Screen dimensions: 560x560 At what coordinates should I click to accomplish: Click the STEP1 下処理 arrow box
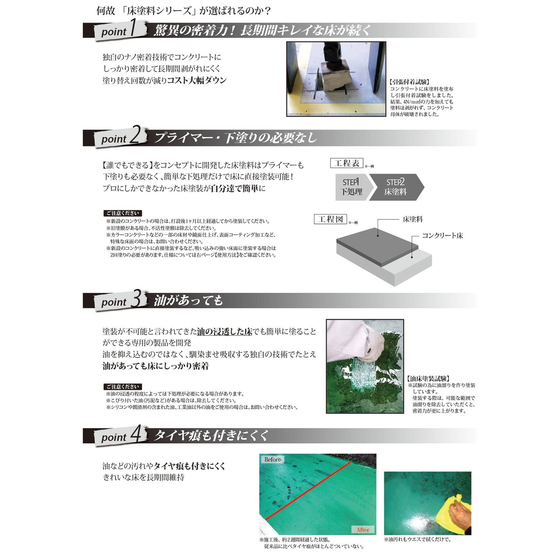coord(352,187)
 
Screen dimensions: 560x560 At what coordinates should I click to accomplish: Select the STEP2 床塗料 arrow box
coord(395,187)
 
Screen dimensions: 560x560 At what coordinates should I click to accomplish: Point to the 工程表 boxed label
coord(346,163)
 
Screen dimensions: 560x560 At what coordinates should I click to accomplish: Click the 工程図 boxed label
coord(330,219)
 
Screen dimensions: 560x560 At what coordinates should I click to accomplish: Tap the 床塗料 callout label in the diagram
coord(412,219)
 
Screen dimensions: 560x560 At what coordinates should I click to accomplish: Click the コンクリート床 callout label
coord(442,236)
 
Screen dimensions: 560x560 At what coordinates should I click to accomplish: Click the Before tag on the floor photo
coord(272,460)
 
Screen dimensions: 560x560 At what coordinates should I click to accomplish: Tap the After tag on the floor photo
coord(363,530)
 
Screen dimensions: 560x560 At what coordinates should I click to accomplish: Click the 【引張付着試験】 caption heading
coord(409,82)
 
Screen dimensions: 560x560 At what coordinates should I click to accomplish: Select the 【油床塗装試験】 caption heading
coord(428,379)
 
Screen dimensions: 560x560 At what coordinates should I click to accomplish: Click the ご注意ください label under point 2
coord(123,213)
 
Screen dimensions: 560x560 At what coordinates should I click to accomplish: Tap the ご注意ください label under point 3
coord(123,387)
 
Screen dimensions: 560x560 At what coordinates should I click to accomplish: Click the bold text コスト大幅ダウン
coord(197,81)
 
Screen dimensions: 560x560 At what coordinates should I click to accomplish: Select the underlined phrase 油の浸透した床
coord(225,332)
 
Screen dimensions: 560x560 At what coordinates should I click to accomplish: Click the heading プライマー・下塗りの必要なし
coord(236,138)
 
